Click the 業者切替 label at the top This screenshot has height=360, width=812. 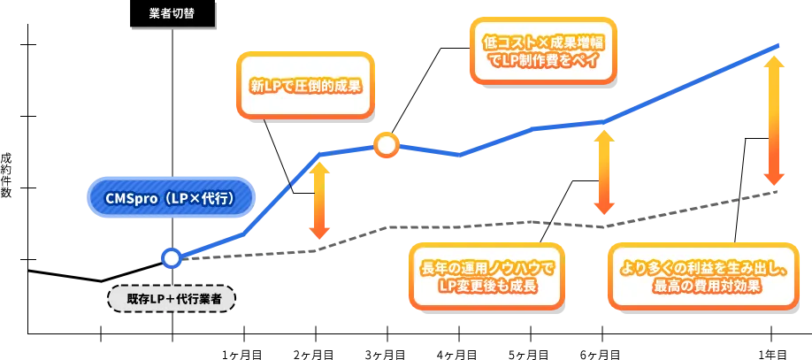coord(172,14)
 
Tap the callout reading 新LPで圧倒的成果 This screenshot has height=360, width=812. coord(305,87)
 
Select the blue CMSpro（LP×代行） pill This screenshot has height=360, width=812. coord(171,199)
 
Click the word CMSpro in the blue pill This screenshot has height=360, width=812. coord(129,199)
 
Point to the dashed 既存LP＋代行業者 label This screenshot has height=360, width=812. coord(172,299)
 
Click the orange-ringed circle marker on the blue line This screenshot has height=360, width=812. coord(387,145)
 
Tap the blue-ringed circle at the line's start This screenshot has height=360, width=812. coord(172,257)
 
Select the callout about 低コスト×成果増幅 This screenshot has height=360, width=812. coord(541,51)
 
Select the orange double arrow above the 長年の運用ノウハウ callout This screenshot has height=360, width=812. coord(603,172)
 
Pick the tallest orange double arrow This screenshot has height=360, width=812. coord(773,119)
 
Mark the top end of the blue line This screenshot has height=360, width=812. coord(778,45)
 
